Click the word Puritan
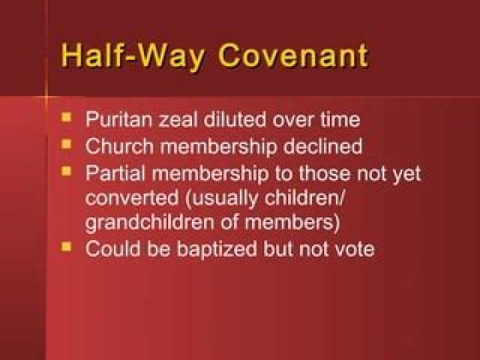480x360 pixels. point(115,121)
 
